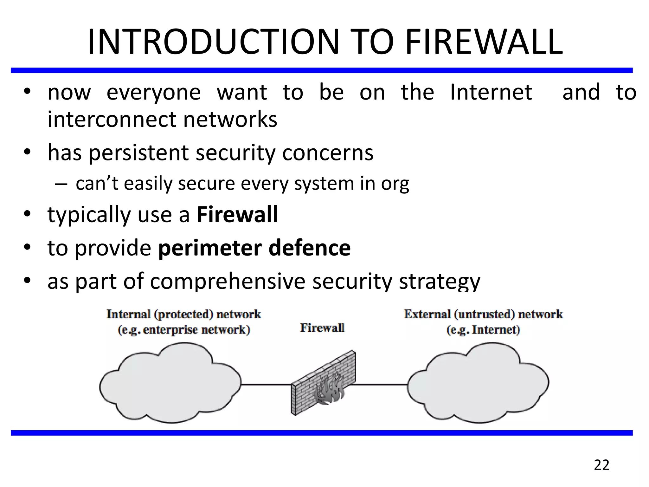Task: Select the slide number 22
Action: (601, 465)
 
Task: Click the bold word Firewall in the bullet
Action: (237, 215)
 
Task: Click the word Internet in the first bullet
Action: (491, 92)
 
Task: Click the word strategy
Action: (439, 281)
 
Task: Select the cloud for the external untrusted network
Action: (478, 384)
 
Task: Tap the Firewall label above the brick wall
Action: (322, 328)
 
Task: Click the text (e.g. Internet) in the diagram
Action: (483, 330)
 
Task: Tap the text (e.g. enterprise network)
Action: (184, 330)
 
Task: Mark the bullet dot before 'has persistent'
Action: (28, 153)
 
